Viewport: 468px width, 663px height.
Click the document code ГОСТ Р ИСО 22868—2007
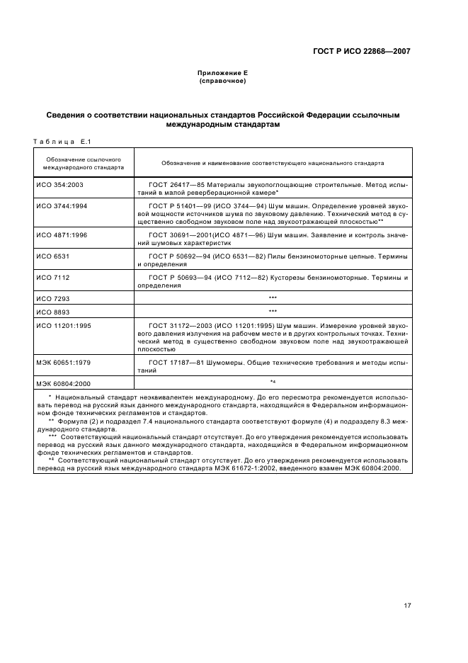(x=361, y=51)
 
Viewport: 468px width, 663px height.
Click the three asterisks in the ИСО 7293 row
(x=273, y=298)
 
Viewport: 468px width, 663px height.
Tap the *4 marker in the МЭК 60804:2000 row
(x=273, y=382)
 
